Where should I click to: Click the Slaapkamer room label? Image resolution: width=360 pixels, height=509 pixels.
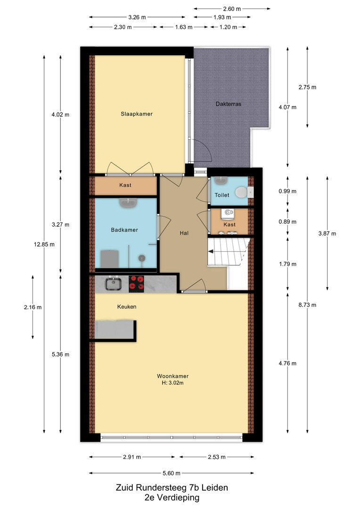pos(136,114)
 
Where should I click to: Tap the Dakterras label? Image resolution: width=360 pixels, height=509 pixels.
pos(229,104)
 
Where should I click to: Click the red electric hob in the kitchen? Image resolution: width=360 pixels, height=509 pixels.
pos(136,282)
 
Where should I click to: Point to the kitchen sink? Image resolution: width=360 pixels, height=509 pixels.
pos(113,283)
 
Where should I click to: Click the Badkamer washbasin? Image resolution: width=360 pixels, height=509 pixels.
pos(129,203)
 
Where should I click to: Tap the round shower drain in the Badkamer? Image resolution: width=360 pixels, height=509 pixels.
pos(142,258)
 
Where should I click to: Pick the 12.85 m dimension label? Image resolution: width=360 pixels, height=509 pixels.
pos(44,245)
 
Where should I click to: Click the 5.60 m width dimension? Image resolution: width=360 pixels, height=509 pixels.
pos(172,473)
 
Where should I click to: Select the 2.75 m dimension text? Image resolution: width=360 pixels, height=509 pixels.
pos(307,87)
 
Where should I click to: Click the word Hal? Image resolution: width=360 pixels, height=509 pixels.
pos(184,233)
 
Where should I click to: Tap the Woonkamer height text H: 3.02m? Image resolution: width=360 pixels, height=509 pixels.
pos(172,383)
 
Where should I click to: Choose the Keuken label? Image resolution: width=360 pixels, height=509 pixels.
pos(127,306)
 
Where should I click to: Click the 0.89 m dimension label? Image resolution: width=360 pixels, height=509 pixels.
pos(287,222)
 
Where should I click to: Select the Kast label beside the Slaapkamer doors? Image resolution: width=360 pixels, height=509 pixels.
pos(125,185)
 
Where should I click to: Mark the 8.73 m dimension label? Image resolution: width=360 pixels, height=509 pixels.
pos(307,305)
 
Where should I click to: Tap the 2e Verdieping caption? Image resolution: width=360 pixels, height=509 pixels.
pos(172,497)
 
